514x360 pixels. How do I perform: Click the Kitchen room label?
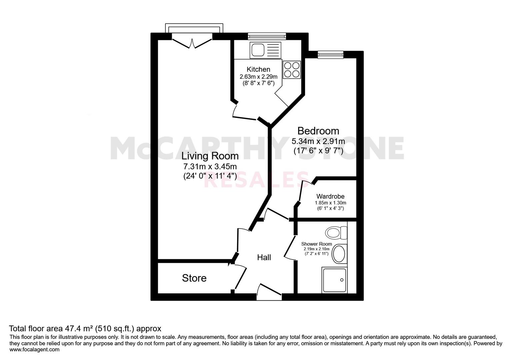(258, 69)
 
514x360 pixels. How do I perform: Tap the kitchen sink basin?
(258, 50)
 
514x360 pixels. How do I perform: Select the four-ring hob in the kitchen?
(292, 70)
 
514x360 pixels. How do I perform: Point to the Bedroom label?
(318, 131)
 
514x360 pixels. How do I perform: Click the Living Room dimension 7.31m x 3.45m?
(210, 166)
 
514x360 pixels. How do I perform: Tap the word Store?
(194, 278)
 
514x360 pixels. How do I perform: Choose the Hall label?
(264, 257)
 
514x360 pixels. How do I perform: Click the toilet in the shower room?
(336, 233)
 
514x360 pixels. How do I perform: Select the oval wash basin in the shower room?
(339, 254)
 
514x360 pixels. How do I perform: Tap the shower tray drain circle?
(342, 280)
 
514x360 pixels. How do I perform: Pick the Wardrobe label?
(330, 196)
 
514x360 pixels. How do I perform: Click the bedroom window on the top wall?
(330, 54)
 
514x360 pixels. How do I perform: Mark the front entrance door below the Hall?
(269, 293)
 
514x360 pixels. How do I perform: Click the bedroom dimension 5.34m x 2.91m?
(318, 141)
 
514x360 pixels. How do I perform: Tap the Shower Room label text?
(317, 244)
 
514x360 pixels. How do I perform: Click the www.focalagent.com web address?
(34, 350)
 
